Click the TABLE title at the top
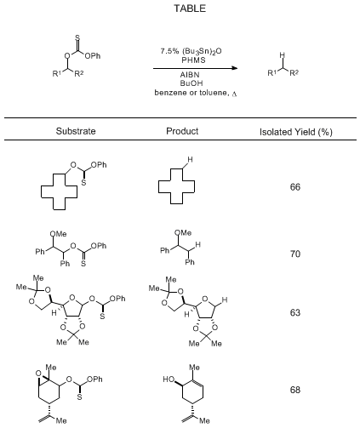(x=190, y=9)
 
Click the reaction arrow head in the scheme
(x=234, y=68)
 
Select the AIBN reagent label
(x=190, y=75)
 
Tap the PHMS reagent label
(x=193, y=60)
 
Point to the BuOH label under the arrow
(x=191, y=83)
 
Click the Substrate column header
(x=76, y=131)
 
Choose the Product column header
(x=182, y=131)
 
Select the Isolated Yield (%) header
(x=295, y=132)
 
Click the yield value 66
(x=295, y=187)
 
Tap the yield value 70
(x=295, y=254)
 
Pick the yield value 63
(x=295, y=312)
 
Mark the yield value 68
(x=295, y=390)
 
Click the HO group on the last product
(x=169, y=379)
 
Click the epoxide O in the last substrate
(x=38, y=374)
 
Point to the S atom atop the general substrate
(x=77, y=37)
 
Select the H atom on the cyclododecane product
(x=190, y=160)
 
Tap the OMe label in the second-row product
(x=183, y=233)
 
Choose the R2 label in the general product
(x=294, y=73)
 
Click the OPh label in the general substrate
(x=93, y=56)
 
